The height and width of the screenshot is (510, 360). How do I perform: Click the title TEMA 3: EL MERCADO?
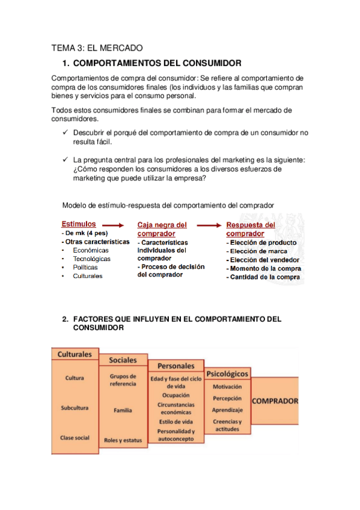pyautogui.click(x=97, y=49)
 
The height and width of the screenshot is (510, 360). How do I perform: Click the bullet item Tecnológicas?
pyautogui.click(x=91, y=259)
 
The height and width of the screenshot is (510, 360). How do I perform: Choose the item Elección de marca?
pyautogui.click(x=257, y=251)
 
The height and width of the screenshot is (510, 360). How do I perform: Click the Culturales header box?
pyautogui.click(x=75, y=355)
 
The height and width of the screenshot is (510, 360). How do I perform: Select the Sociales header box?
pyautogui.click(x=123, y=360)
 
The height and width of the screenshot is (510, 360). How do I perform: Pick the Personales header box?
pyautogui.click(x=176, y=366)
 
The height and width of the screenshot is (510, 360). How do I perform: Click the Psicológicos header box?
pyautogui.click(x=227, y=373)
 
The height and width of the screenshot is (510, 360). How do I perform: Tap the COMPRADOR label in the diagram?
pyautogui.click(x=275, y=401)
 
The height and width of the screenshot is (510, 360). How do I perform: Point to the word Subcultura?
pyautogui.click(x=75, y=408)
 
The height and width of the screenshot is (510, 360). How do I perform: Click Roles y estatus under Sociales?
pyautogui.click(x=123, y=440)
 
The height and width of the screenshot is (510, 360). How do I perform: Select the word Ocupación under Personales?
pyautogui.click(x=176, y=395)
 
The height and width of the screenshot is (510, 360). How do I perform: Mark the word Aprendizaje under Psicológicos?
pyautogui.click(x=227, y=409)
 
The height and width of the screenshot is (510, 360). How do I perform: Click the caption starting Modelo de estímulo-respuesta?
pyautogui.click(x=168, y=205)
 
